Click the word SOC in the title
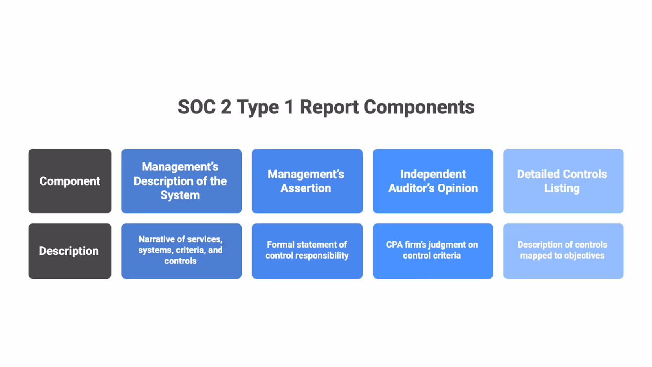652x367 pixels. coord(196,107)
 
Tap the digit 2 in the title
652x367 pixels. coord(226,107)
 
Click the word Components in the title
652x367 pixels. coord(419,107)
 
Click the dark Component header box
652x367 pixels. coord(70,181)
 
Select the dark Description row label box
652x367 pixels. coord(70,251)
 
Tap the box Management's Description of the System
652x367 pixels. coord(181,181)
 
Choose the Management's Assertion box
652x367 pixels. coord(307,181)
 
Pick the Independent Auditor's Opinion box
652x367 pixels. coord(433,181)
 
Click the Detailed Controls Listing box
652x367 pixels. coord(563,181)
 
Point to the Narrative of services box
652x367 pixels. coord(181,251)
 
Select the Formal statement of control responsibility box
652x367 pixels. coord(307,251)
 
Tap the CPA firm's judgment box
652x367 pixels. coord(433,251)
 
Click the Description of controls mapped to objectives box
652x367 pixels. coord(563,251)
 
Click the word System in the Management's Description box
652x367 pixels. coord(180,195)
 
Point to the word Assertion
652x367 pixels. coord(306,188)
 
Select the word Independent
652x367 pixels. coord(433,174)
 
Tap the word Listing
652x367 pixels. coord(562,188)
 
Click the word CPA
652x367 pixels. coord(394,245)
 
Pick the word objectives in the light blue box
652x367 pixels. coord(584,256)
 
